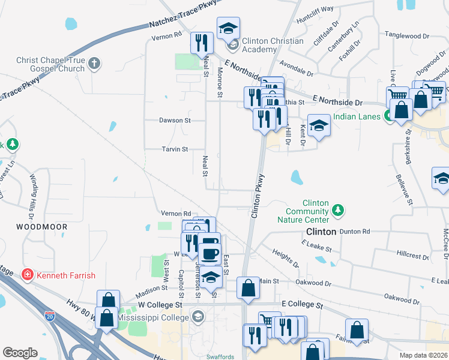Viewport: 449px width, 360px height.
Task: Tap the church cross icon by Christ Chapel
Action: pos(94,62)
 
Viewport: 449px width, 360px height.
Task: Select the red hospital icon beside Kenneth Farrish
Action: pos(27,275)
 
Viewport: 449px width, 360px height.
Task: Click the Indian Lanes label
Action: pos(357,116)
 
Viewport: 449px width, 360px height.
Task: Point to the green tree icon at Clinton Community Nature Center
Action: pos(339,209)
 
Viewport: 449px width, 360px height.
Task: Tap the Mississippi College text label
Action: pos(153,316)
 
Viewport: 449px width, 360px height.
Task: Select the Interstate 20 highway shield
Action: pos(50,315)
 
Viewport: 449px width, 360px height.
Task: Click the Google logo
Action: pos(20,352)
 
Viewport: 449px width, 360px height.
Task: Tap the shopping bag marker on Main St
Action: pos(247,288)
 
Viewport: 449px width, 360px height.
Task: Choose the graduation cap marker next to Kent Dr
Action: pos(319,125)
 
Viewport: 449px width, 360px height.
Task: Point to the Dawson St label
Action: pos(175,120)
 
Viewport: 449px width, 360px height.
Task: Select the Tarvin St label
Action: pos(175,149)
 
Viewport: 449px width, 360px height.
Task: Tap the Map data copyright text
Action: pos(423,355)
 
